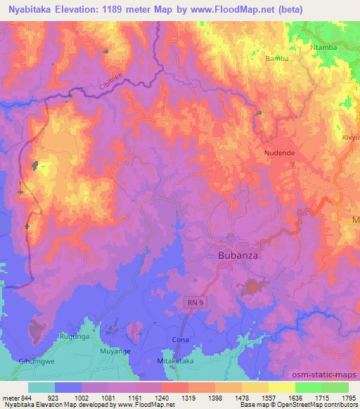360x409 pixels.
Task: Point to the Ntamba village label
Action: (x=323, y=48)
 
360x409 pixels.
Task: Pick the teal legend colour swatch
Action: (x=41, y=387)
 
